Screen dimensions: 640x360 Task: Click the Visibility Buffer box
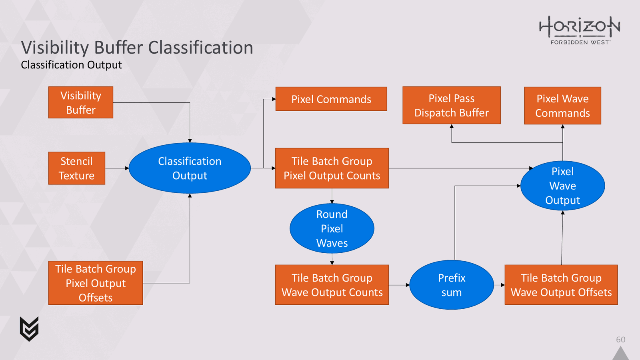pyautogui.click(x=81, y=102)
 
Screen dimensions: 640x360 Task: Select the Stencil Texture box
pyautogui.click(x=77, y=168)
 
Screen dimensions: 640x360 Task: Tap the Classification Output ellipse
pyautogui.click(x=190, y=168)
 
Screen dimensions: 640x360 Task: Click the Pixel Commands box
pyautogui.click(x=331, y=99)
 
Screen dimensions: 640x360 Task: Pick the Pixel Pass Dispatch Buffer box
pyautogui.click(x=452, y=105)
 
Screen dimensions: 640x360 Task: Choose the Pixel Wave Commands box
pyautogui.click(x=562, y=106)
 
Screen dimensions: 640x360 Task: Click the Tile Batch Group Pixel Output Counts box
pyautogui.click(x=332, y=168)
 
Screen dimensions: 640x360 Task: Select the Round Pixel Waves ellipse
pyautogui.click(x=332, y=228)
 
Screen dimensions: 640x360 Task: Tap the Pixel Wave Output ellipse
pyautogui.click(x=562, y=186)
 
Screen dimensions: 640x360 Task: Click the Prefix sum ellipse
pyautogui.click(x=452, y=285)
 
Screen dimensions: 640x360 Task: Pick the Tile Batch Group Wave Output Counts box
pyautogui.click(x=332, y=285)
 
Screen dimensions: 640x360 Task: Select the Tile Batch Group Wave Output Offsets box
pyautogui.click(x=561, y=285)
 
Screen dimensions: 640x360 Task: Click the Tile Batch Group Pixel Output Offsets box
pyautogui.click(x=96, y=283)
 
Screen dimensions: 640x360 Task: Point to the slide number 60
pyautogui.click(x=620, y=340)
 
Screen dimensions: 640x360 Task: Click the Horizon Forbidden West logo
pyautogui.click(x=580, y=30)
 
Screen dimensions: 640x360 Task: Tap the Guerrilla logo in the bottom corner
pyautogui.click(x=29, y=329)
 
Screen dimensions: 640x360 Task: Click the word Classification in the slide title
pyautogui.click(x=200, y=47)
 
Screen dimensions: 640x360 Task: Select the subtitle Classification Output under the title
pyautogui.click(x=72, y=65)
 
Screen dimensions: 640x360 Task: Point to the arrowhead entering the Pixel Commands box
pyautogui.click(x=274, y=99)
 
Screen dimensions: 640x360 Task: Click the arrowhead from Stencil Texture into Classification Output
pyautogui.click(x=127, y=168)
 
